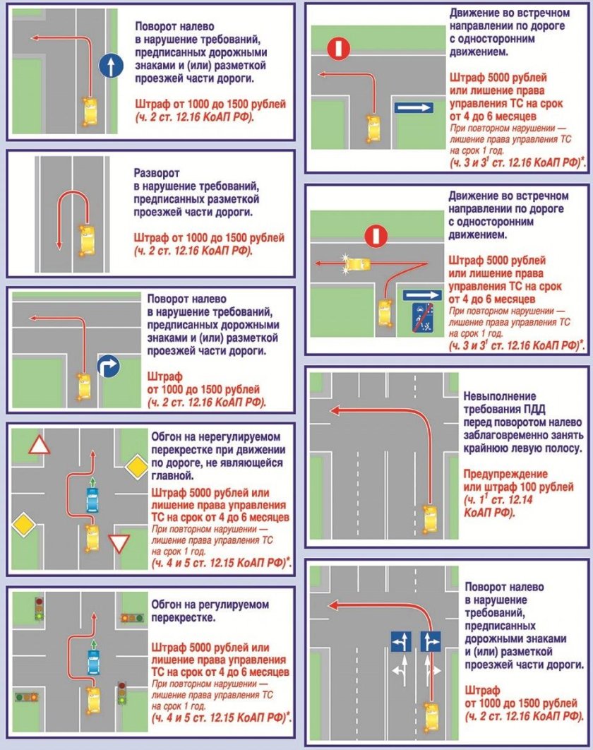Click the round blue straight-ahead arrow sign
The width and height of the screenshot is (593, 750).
pos(111,66)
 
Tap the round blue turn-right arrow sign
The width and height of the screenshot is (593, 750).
pos(109,367)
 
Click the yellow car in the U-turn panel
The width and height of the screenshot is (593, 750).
pos(87,241)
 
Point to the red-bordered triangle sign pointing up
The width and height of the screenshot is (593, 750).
pos(40,445)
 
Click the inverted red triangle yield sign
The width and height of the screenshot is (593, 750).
pos(119,544)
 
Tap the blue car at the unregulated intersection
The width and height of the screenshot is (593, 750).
pos(92,500)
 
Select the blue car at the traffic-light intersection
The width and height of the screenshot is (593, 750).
pos(94,662)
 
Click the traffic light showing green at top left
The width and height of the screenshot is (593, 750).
pos(40,609)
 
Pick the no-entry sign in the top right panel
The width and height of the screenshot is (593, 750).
pos(339,48)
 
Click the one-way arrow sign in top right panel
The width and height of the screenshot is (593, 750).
pos(414,107)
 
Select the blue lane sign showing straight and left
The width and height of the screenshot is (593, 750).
pos(401,641)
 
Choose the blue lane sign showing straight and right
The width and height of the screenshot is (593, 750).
pos(431,641)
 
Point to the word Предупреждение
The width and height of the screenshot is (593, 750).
pos(505,474)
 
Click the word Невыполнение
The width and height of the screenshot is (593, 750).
pos(500,396)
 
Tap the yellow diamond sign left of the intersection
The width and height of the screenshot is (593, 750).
pos(24,524)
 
